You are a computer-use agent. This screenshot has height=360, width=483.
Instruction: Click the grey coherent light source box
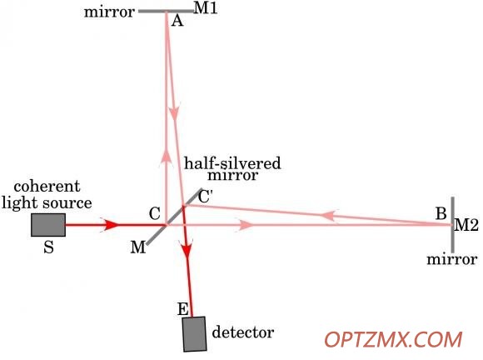coord(48,225)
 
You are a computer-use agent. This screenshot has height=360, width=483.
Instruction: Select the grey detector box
coord(194,334)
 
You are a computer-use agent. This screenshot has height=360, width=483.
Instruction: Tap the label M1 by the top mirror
coord(206,8)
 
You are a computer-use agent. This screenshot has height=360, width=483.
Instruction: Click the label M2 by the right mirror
coord(466,225)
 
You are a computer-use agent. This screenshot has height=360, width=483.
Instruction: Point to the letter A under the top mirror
coord(177,21)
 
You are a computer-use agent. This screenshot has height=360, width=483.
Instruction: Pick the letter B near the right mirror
coord(441,213)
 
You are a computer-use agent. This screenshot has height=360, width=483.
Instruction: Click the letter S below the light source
coord(48,247)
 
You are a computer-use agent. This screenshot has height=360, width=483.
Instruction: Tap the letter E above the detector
coord(183,309)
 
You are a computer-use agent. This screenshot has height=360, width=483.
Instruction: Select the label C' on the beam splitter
coord(206,197)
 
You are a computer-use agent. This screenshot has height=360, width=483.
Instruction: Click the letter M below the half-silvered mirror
coord(137,247)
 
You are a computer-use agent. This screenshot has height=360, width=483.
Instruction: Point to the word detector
coord(243,332)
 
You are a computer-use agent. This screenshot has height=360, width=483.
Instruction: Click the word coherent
coord(47,187)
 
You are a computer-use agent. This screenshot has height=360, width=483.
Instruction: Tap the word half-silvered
coord(232,163)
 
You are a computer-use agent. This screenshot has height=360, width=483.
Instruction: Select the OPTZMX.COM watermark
coord(393,340)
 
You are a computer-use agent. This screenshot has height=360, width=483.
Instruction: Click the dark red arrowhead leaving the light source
coord(110,225)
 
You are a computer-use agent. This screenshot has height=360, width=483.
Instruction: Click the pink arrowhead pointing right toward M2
coord(245,225)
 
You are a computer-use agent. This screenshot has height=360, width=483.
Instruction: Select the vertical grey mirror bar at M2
coord(452,225)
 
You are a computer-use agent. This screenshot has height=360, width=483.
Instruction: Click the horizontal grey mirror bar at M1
coord(167,12)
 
